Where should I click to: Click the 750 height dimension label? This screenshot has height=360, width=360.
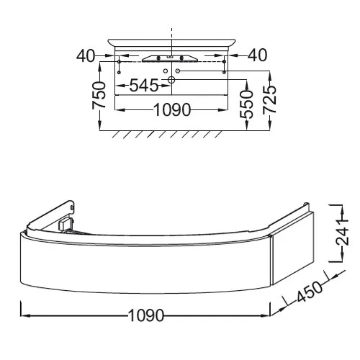tap(99, 95)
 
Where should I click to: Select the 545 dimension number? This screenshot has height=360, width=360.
tap(144, 86)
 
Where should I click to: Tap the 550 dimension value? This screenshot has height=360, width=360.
tap(246, 104)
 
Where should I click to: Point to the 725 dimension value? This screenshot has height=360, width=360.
tap(270, 99)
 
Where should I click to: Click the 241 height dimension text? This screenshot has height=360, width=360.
tap(343, 233)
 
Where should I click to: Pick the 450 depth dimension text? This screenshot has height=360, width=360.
tap(310, 292)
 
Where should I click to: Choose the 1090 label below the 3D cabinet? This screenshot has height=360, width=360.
tap(146, 315)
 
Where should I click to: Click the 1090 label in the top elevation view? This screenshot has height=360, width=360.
tap(172, 110)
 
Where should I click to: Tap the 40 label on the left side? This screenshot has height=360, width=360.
tap(86, 56)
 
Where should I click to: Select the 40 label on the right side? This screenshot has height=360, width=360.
tap(257, 55)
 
